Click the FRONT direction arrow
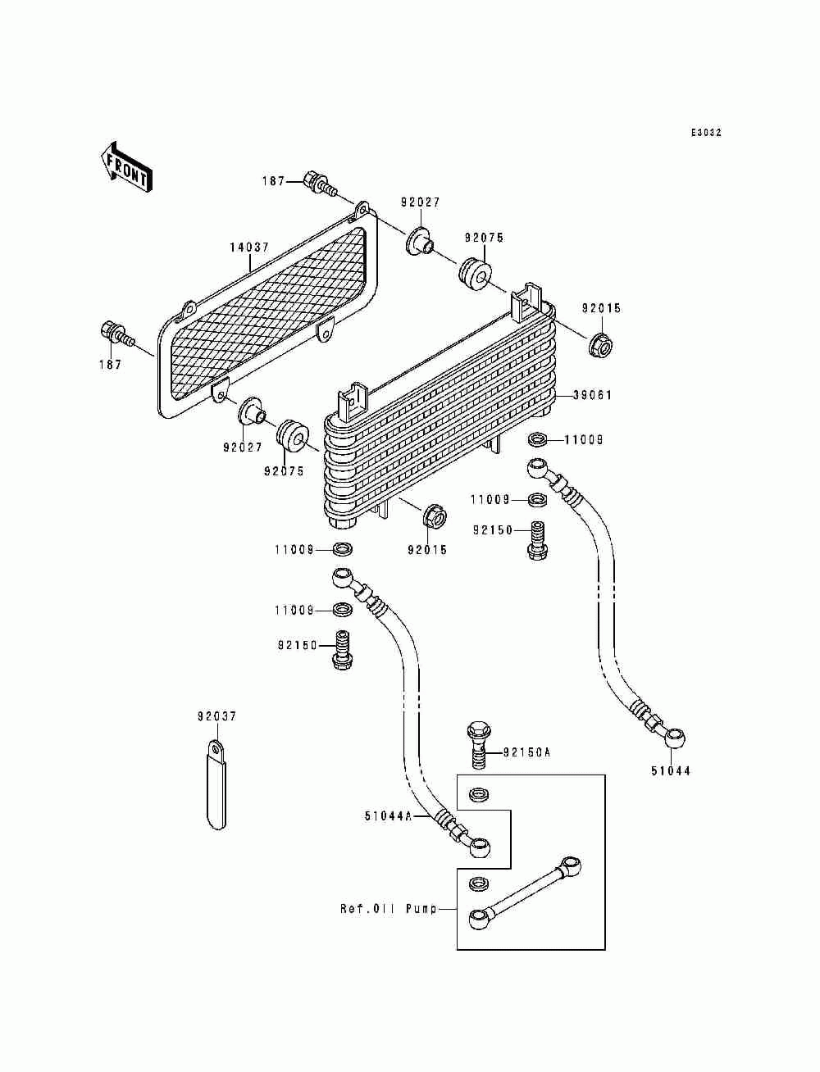(x=126, y=167)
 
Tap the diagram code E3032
(x=705, y=133)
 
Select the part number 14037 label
(x=249, y=248)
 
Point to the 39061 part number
(x=592, y=395)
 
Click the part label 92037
(x=216, y=716)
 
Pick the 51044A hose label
(x=388, y=816)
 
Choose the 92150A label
(x=526, y=752)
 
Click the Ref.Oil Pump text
(x=388, y=909)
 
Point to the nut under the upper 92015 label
(x=602, y=345)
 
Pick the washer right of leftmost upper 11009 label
(x=343, y=550)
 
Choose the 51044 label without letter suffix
(x=670, y=771)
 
